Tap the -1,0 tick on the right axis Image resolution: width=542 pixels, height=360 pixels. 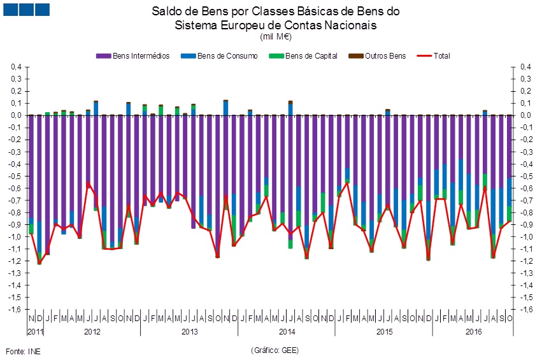pos(525,236)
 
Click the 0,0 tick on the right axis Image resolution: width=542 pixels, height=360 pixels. pos(525,115)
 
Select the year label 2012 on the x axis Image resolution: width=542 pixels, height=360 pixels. pos(92,332)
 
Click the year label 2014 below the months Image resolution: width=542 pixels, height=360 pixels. pos(287,332)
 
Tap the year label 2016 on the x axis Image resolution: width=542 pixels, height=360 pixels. pos(473,332)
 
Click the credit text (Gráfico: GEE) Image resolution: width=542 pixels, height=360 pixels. pos(275,350)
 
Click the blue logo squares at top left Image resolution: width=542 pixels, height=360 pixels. pos(26,9)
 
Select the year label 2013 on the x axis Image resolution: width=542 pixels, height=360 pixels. pos(189,332)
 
